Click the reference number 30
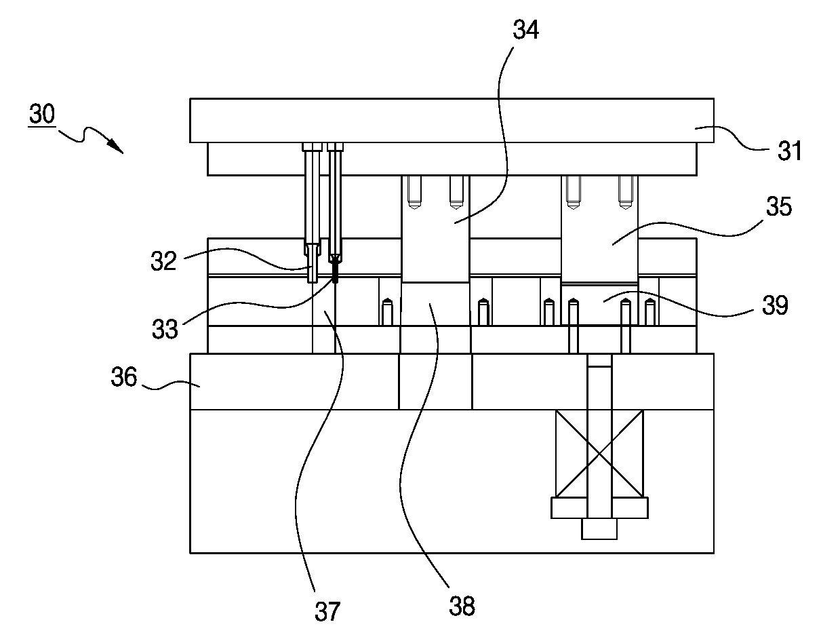42,113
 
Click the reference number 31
789,151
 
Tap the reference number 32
163,261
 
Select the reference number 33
165,329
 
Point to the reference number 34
525,30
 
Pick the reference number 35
779,206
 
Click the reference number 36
123,377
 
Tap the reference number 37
327,612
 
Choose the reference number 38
462,606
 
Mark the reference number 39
775,305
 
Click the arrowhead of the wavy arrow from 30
117,147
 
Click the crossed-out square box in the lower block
599,453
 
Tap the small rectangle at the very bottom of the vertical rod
599,528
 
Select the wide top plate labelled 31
452,121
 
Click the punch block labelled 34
435,229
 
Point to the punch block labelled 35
599,229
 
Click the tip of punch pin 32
312,282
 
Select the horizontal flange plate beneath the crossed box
599,507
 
